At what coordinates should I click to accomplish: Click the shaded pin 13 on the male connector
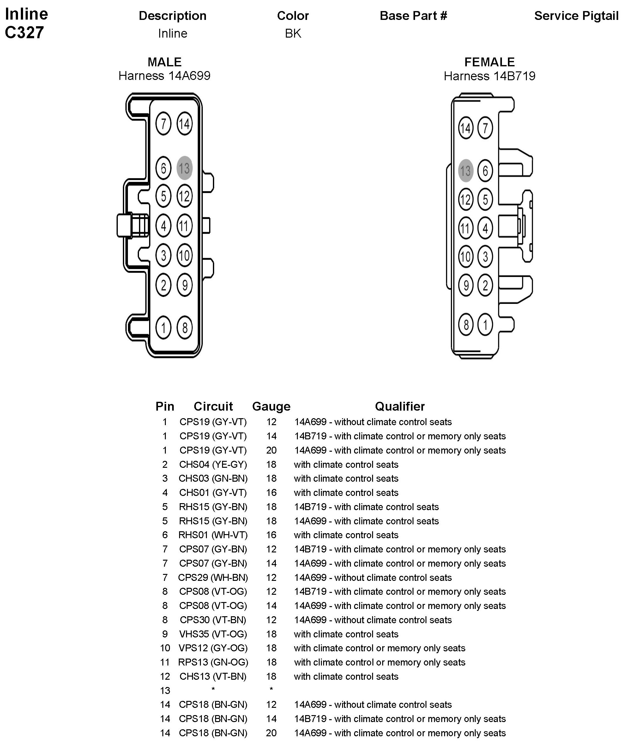pyautogui.click(x=184, y=168)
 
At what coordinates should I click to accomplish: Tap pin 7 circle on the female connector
pyautogui.click(x=485, y=128)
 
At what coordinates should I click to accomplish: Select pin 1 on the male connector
pyautogui.click(x=163, y=327)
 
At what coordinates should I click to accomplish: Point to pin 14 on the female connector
pyautogui.click(x=466, y=128)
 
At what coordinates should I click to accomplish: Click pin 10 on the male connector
pyautogui.click(x=184, y=255)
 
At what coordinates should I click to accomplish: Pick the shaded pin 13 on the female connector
pyautogui.click(x=466, y=171)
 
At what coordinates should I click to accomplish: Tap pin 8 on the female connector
pyautogui.click(x=466, y=324)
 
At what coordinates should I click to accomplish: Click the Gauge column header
pyautogui.click(x=271, y=406)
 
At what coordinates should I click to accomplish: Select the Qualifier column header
pyautogui.click(x=400, y=406)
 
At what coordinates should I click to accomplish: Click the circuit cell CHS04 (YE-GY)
pyautogui.click(x=213, y=464)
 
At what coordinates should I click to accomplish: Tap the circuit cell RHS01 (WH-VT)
pyautogui.click(x=213, y=535)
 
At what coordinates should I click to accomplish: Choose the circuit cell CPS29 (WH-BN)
pyautogui.click(x=213, y=577)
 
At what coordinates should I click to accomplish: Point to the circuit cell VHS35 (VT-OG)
pyautogui.click(x=213, y=634)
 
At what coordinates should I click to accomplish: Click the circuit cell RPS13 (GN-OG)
pyautogui.click(x=213, y=662)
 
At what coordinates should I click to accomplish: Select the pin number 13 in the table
pyautogui.click(x=165, y=690)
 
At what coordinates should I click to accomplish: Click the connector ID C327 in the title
pyautogui.click(x=24, y=32)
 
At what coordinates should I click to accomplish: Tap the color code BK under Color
pyautogui.click(x=293, y=33)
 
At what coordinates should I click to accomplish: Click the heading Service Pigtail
pyautogui.click(x=576, y=16)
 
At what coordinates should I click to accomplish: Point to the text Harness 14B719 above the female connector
pyautogui.click(x=489, y=76)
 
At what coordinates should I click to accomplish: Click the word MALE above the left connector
pyautogui.click(x=164, y=62)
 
